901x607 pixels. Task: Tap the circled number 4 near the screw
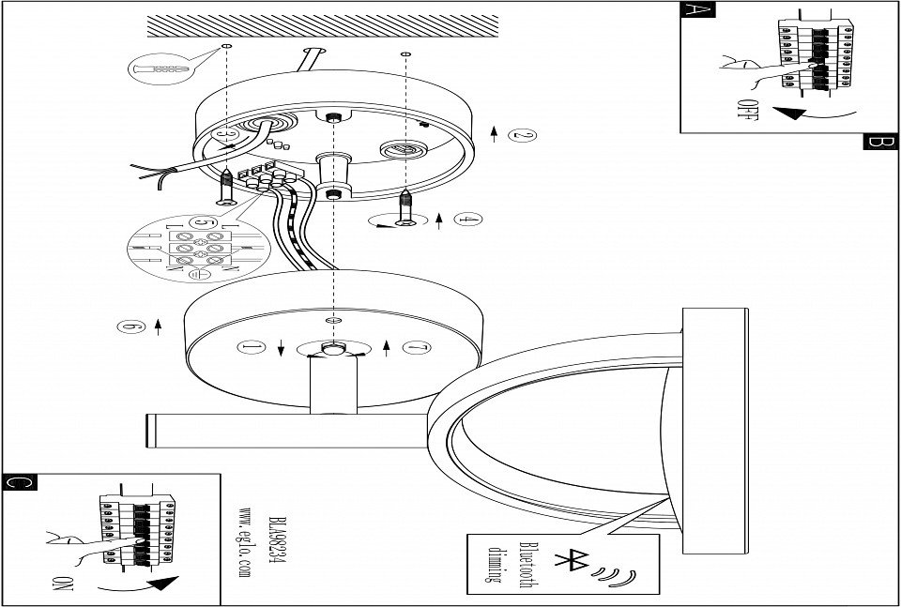pyautogui.click(x=466, y=221)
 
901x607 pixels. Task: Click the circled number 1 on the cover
pyautogui.click(x=250, y=346)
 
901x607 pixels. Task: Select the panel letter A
pyautogui.click(x=696, y=12)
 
